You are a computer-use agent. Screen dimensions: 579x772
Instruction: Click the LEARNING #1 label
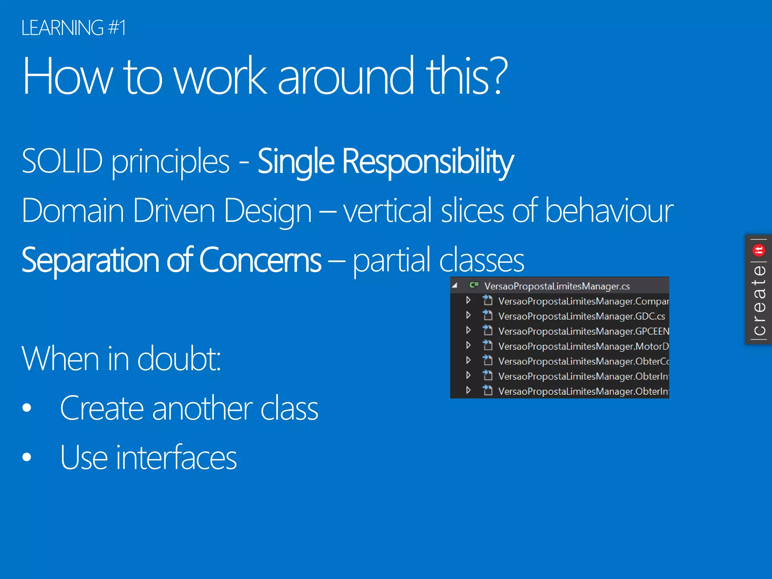[74, 28]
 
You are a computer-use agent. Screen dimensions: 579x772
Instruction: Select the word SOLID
[62, 161]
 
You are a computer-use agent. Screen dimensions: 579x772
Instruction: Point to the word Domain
[73, 211]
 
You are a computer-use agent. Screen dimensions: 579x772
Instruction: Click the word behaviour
[609, 211]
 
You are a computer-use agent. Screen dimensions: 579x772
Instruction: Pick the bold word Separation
[90, 260]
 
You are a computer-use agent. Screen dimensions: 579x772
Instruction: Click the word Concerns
[260, 260]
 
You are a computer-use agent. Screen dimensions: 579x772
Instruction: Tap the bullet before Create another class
[27, 408]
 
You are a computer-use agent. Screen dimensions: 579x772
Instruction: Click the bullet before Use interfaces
[27, 457]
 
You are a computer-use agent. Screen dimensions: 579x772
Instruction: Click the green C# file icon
[474, 285]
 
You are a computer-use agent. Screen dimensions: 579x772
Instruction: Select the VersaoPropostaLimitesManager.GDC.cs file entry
[581, 316]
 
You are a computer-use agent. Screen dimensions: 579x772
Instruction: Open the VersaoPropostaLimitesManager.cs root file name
[557, 286]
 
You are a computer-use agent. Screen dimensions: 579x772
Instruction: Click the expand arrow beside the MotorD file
[468, 345]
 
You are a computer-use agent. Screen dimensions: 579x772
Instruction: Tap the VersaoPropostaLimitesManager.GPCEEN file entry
[583, 331]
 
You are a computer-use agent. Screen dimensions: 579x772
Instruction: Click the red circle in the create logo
[758, 250]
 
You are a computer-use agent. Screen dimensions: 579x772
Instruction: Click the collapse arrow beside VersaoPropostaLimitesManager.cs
[455, 286]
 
